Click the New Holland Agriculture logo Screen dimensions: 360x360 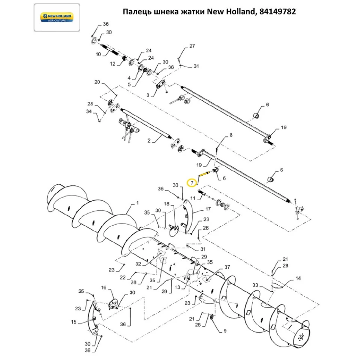pos(57,17)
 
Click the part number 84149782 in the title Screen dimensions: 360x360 pos(278,12)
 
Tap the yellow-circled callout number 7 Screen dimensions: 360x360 pos(193,183)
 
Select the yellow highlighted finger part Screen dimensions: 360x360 pos(204,175)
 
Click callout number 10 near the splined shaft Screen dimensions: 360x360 pos(98,54)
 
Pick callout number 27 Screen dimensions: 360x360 pos(192,46)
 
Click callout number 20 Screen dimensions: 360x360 pos(97,82)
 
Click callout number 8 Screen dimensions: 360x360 pos(231,135)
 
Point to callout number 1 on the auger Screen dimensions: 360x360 pos(137,203)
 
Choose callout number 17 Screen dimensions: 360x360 pos(208,209)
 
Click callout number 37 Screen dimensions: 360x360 pos(227,267)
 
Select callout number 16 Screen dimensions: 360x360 pos(104,288)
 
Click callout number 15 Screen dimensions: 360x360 pos(73,322)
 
